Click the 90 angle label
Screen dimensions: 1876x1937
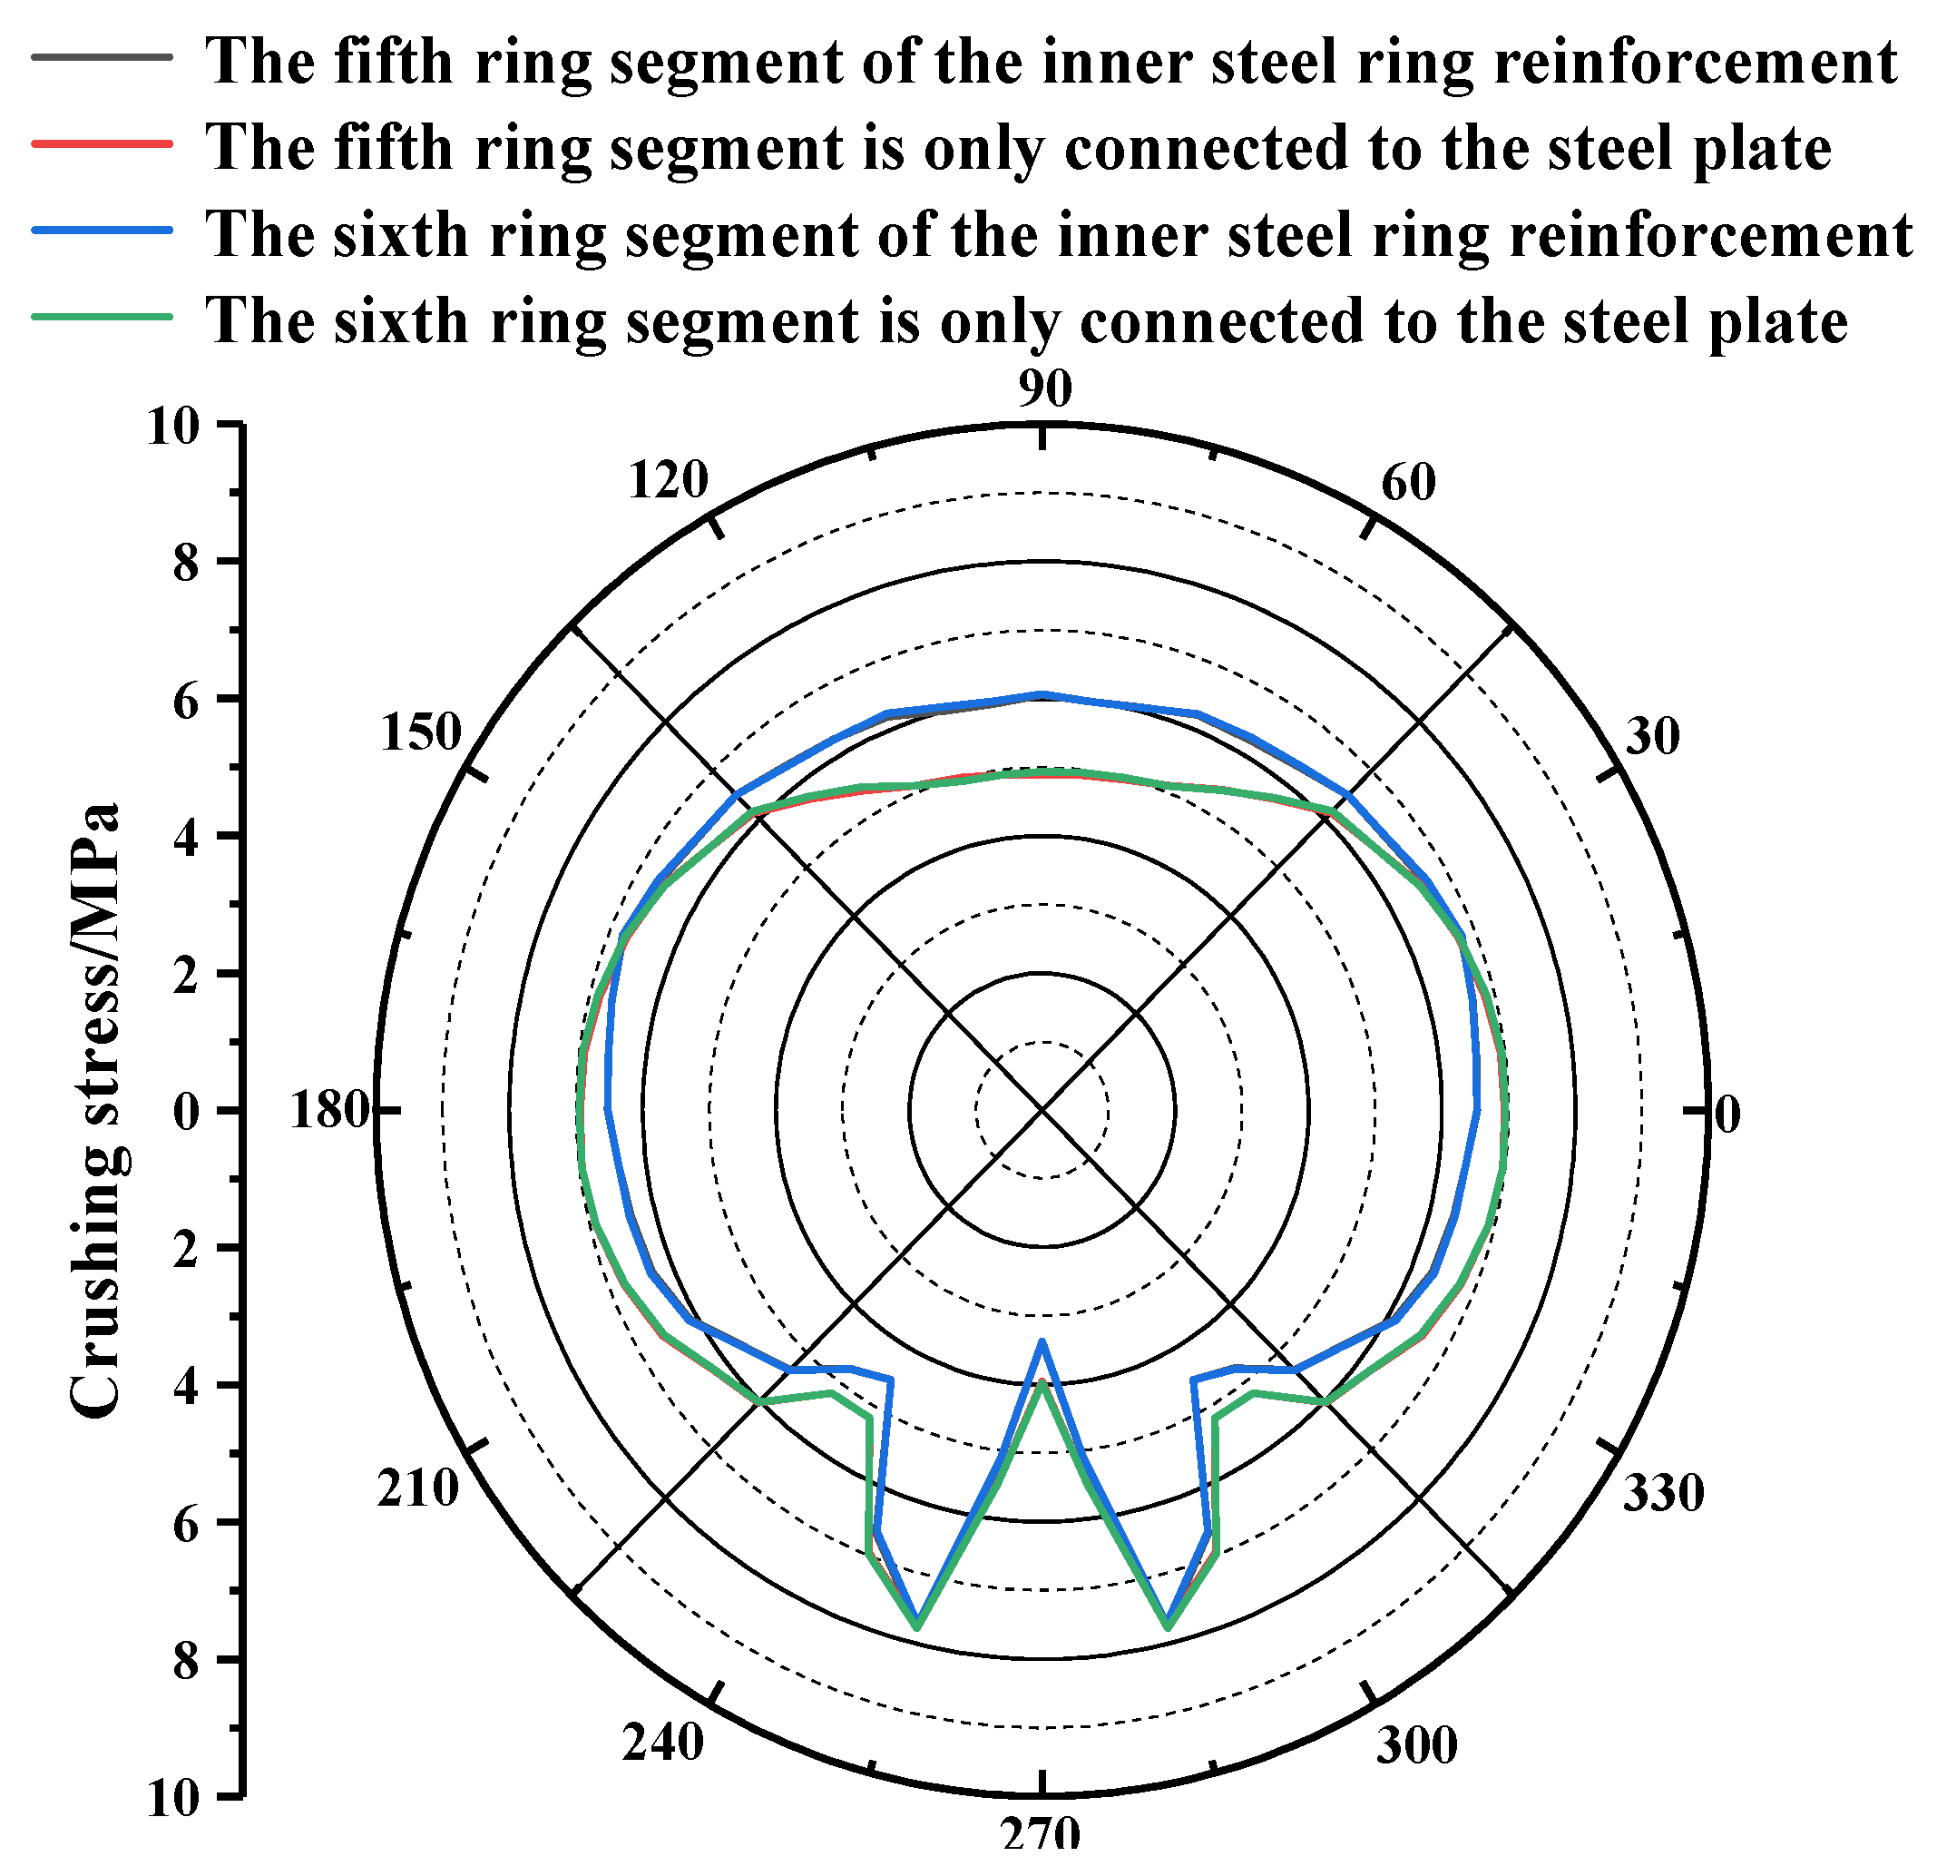point(1044,389)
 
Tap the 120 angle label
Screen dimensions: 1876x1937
point(669,480)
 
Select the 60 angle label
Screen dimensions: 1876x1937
point(1407,482)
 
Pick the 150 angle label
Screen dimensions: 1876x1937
point(421,732)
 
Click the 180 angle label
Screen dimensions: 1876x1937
point(329,1111)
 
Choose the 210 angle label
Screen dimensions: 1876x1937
point(418,1488)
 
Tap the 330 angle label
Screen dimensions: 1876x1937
point(1663,1492)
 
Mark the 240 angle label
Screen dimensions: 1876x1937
point(663,1743)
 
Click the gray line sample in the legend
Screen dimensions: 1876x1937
point(102,57)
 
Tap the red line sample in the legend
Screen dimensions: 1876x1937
point(102,144)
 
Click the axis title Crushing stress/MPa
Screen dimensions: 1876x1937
point(96,1111)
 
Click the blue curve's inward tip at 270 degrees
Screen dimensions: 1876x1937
point(1042,1342)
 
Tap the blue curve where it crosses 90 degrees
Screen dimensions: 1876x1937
point(1042,695)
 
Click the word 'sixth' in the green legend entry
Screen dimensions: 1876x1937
point(400,321)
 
